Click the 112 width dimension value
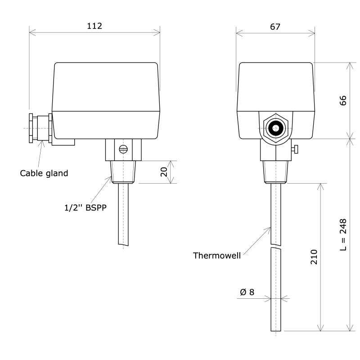pos(94,26)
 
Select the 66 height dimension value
pos(343,100)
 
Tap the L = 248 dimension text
pos(343,235)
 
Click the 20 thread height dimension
pos(164,171)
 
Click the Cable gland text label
pos(44,173)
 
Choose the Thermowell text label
pos(216,256)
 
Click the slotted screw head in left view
pos(124,149)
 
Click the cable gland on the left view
pos(40,129)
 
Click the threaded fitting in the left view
pos(123,171)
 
